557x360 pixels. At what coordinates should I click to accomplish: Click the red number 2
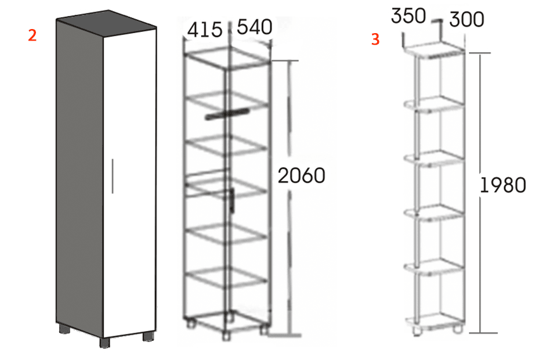point(32,35)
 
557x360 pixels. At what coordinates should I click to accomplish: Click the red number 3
point(375,39)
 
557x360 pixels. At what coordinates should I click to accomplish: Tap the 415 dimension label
point(205,30)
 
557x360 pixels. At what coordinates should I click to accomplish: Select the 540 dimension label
point(254,27)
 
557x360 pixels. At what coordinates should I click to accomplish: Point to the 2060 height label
point(301,175)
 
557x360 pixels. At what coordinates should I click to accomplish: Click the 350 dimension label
point(408,16)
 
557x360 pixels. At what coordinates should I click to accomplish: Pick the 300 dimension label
point(466,20)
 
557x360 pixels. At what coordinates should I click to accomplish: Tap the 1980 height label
point(502,185)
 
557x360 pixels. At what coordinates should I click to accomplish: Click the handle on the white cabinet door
point(113,176)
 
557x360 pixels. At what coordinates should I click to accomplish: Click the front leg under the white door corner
point(105,343)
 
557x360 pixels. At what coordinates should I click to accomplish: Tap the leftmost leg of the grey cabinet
point(64,329)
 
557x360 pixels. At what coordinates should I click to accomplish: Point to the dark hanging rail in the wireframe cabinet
point(227,114)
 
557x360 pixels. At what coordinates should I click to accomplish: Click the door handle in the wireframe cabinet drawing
point(232,201)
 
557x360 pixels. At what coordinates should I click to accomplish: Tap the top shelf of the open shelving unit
point(435,50)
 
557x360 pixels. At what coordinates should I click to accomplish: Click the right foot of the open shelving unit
point(458,329)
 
